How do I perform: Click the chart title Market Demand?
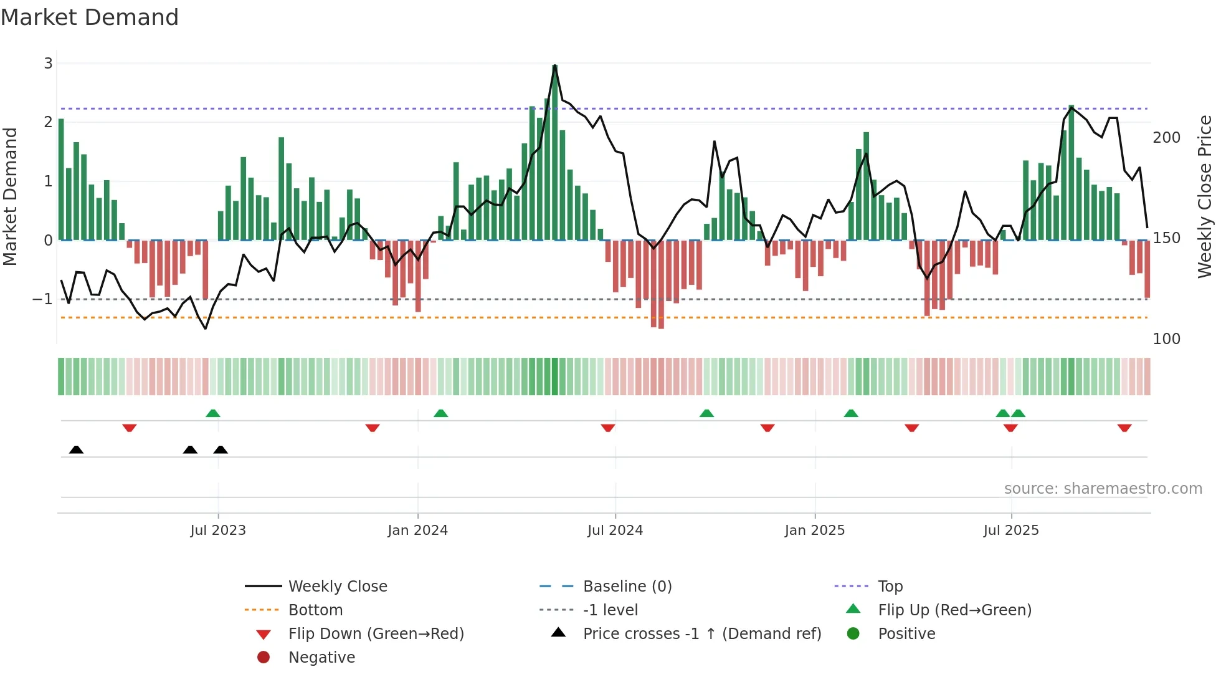tap(90, 17)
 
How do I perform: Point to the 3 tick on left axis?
tap(48, 63)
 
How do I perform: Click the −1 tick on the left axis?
tap(42, 299)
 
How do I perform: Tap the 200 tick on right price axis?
tap(1166, 138)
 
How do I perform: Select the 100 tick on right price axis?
tap(1166, 339)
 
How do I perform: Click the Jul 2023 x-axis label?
tap(218, 531)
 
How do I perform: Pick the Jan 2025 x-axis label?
tap(814, 531)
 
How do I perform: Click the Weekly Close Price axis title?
tap(1205, 196)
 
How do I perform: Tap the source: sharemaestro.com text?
tap(1103, 489)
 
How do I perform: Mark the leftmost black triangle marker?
tap(76, 449)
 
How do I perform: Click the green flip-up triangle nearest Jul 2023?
tap(213, 413)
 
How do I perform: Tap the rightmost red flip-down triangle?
tap(1124, 428)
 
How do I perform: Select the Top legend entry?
tap(890, 587)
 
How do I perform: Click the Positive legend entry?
tap(906, 634)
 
